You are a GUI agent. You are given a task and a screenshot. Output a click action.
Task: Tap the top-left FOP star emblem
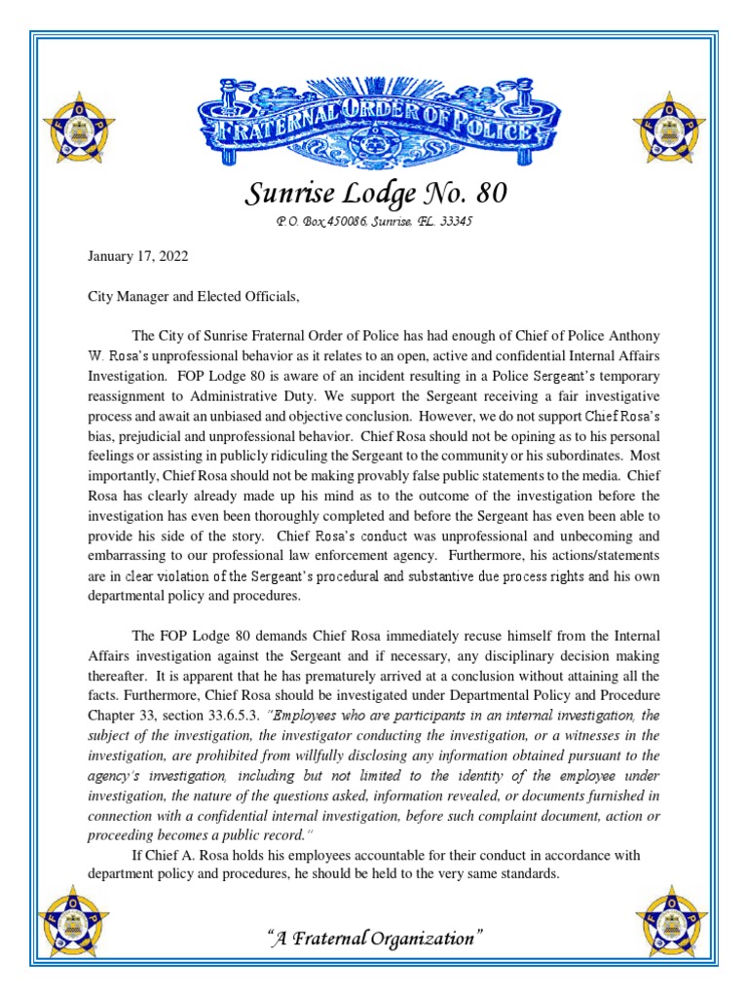[75, 126]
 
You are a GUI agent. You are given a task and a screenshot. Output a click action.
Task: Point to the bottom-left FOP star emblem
[75, 919]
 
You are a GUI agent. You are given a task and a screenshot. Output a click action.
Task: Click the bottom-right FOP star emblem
[671, 919]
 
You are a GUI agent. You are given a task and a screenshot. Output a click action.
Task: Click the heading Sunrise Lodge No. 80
[374, 194]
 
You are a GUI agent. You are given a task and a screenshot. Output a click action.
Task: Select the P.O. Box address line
[374, 222]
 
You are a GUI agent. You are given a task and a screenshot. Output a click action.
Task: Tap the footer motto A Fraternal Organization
[374, 939]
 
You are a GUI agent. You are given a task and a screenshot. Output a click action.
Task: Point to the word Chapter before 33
[101, 716]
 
